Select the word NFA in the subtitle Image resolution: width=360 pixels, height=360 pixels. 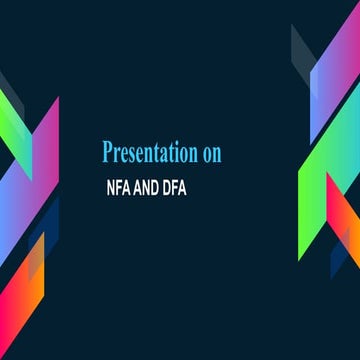point(119,186)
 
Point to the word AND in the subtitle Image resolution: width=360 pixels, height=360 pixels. point(149,186)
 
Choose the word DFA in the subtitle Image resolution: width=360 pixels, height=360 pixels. point(179,186)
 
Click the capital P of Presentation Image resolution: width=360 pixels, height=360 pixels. point(108,152)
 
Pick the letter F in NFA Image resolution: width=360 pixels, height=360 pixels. point(119,186)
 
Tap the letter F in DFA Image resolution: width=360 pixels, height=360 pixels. point(179,186)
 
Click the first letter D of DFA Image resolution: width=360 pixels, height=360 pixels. point(171,186)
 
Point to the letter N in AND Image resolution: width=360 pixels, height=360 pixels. point(149,186)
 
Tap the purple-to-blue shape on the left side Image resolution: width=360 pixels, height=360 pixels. point(40,150)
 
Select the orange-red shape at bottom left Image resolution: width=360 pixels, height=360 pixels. point(25,310)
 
